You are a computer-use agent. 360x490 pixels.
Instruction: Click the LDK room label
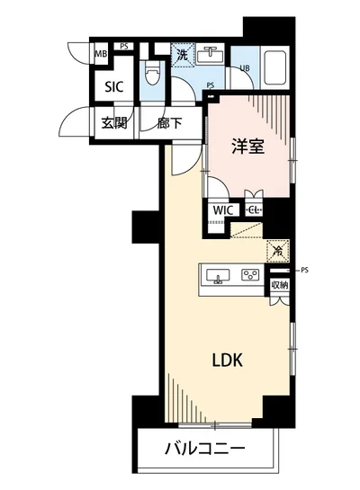(x=227, y=360)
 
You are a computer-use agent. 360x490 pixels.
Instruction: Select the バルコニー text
(x=204, y=449)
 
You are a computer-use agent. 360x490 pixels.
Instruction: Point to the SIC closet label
(x=113, y=87)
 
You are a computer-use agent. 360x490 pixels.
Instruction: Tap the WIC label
(x=223, y=210)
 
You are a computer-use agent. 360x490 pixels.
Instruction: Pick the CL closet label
(x=256, y=210)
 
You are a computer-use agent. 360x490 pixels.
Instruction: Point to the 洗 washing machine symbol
(x=182, y=55)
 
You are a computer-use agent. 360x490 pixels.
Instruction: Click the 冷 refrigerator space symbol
(x=277, y=253)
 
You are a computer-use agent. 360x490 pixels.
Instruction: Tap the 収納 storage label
(x=280, y=285)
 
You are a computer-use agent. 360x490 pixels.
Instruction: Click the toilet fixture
(x=151, y=74)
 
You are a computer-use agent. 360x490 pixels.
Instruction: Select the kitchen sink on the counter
(x=218, y=275)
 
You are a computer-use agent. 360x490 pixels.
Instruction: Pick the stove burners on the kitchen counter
(x=249, y=275)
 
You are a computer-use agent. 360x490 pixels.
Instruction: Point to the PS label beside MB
(x=123, y=45)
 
